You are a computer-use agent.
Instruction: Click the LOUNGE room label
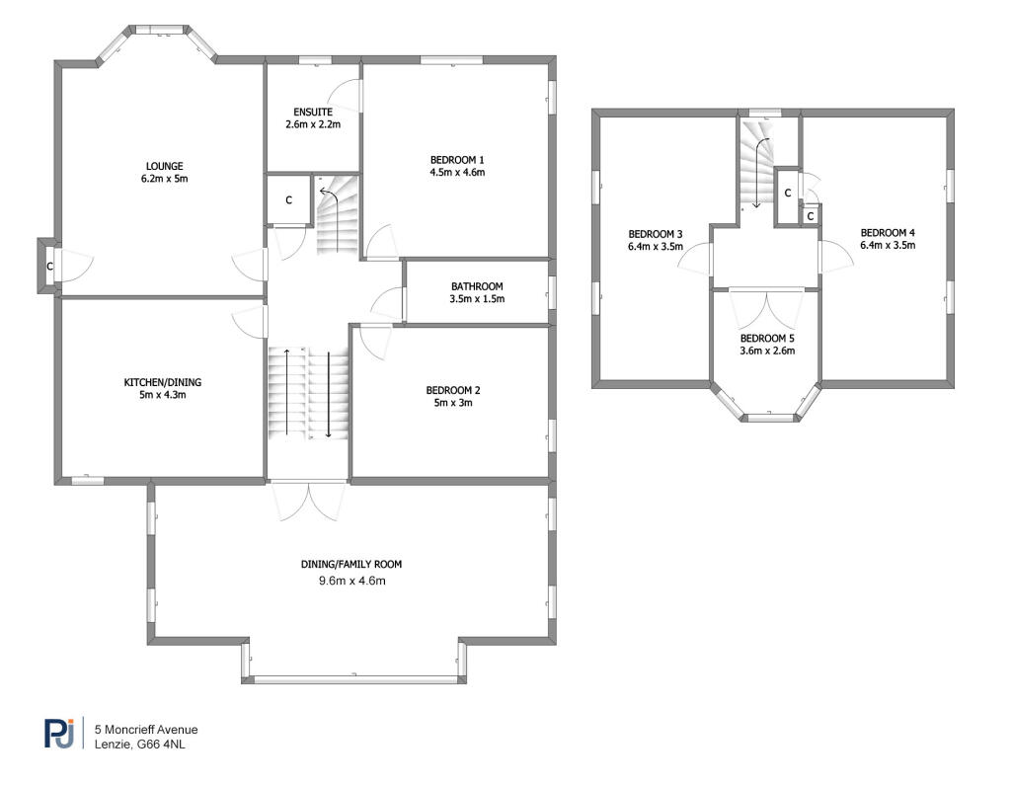(x=165, y=166)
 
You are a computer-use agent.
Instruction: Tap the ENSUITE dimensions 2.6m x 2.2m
(x=312, y=125)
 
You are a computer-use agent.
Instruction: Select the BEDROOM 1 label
(x=457, y=159)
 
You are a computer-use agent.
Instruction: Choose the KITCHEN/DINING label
(x=163, y=382)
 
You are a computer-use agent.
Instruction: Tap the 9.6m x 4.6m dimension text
(x=350, y=581)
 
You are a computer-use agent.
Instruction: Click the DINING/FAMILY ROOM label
(x=351, y=564)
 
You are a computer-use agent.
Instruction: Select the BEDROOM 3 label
(x=656, y=234)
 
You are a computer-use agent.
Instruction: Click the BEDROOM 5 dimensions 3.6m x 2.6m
(x=767, y=351)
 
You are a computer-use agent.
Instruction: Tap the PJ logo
(x=59, y=733)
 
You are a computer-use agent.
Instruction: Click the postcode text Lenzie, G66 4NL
(x=139, y=744)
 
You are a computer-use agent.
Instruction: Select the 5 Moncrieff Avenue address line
(x=145, y=729)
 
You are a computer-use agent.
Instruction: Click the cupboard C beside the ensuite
(x=288, y=200)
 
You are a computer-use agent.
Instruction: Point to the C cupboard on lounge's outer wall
(x=47, y=266)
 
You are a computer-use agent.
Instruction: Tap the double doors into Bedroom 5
(x=767, y=308)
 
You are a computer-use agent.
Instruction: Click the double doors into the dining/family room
(x=309, y=500)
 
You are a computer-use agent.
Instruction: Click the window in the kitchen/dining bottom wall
(x=87, y=481)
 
